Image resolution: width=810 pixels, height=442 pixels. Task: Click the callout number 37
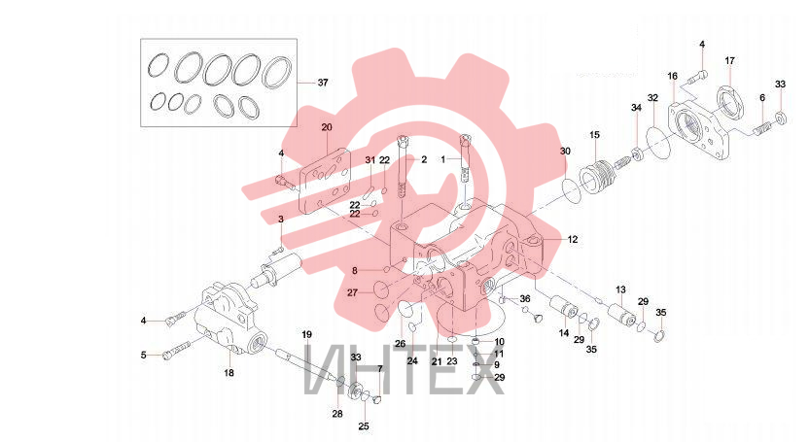[x=323, y=83]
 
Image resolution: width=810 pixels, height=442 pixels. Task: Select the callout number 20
[x=327, y=127]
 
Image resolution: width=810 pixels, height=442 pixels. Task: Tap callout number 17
[x=729, y=61]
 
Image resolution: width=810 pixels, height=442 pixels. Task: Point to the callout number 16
[x=672, y=77]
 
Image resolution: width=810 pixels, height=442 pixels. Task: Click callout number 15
[x=594, y=135]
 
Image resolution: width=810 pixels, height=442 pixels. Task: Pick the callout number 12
[x=573, y=240]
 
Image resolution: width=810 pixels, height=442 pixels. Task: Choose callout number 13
[x=620, y=290]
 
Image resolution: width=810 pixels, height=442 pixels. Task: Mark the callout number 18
[x=229, y=372]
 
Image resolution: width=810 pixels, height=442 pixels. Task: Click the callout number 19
[x=307, y=334]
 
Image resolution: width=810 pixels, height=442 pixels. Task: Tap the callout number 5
[x=144, y=356]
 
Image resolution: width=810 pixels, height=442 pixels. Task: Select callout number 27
[x=352, y=292]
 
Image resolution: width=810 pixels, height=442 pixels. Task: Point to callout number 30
[x=565, y=152]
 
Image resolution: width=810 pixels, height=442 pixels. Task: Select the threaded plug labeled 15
[x=598, y=178]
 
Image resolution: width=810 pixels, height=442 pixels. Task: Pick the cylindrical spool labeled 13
[x=622, y=315]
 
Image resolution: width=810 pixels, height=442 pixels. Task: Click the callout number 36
[x=525, y=299]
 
